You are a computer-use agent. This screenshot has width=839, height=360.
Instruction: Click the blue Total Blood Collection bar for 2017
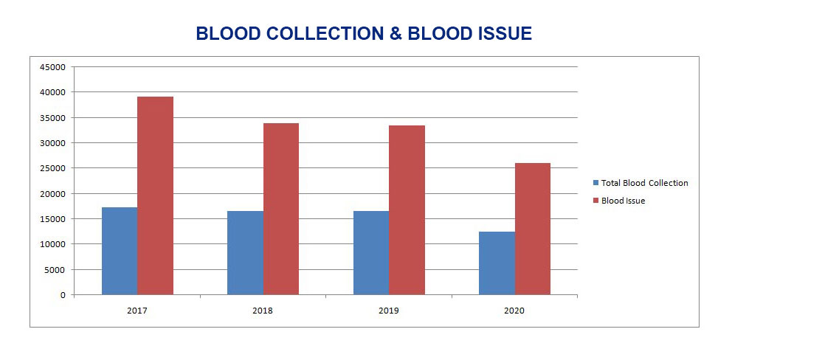click(120, 251)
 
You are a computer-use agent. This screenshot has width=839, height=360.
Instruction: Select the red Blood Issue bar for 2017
click(155, 195)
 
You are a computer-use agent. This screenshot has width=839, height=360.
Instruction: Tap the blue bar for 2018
click(245, 253)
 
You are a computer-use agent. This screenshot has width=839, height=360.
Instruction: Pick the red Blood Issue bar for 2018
click(281, 209)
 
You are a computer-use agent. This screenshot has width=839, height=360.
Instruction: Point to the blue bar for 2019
click(371, 253)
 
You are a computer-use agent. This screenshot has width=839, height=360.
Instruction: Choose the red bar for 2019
click(407, 210)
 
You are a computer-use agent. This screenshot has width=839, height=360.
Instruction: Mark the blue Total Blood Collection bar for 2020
click(497, 263)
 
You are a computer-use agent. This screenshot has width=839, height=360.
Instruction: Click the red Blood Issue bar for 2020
click(533, 229)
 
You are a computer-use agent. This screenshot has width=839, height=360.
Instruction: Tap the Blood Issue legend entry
click(623, 201)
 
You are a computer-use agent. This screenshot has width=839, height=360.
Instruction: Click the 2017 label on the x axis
click(137, 311)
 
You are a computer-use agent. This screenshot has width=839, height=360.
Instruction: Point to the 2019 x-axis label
click(388, 311)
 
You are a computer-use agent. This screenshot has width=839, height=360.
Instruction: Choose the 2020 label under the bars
click(514, 311)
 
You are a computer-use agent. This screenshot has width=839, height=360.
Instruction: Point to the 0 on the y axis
click(63, 295)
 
